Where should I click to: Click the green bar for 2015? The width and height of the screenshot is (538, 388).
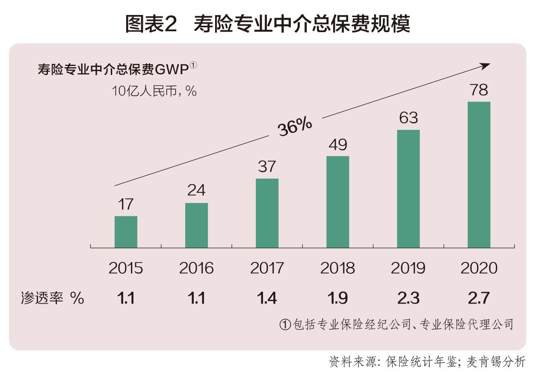[x=126, y=232]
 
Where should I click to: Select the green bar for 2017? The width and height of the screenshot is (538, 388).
[x=267, y=213]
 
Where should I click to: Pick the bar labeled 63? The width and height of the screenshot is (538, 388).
[x=408, y=188]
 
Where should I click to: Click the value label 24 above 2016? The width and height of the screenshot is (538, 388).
[x=196, y=190]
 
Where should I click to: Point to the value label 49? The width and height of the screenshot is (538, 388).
[x=337, y=145]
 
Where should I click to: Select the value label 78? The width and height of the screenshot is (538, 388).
[x=479, y=90]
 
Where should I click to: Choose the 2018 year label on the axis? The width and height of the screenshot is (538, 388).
[x=337, y=269]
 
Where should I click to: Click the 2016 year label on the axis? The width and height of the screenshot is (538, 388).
[x=196, y=269]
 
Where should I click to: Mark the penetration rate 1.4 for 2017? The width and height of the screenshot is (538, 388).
[x=267, y=298]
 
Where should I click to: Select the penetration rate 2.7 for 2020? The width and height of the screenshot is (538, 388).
[x=479, y=298]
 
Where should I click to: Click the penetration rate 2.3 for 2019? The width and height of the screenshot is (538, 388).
[x=408, y=298]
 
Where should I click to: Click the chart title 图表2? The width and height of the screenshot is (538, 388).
[x=151, y=24]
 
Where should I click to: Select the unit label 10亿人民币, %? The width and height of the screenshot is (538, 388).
[x=154, y=91]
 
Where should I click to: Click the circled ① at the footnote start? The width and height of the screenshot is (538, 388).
[x=285, y=325]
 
